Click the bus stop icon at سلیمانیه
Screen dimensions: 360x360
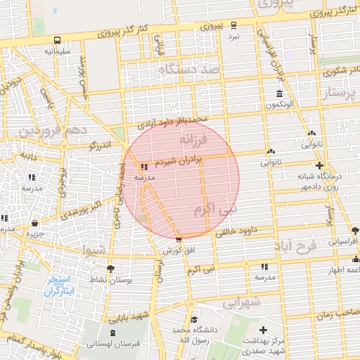click(x=56, y=40)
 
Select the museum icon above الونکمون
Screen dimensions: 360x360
click(x=280, y=94)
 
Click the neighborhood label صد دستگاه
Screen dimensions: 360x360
click(x=189, y=70)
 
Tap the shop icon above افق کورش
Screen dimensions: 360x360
click(x=178, y=240)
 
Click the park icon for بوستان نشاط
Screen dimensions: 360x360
click(x=110, y=269)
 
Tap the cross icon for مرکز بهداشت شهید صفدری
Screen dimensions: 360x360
click(x=264, y=330)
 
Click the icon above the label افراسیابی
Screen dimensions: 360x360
click(x=354, y=229)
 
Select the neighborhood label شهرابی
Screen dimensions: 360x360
click(x=242, y=302)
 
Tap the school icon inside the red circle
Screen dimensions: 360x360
click(x=144, y=167)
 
